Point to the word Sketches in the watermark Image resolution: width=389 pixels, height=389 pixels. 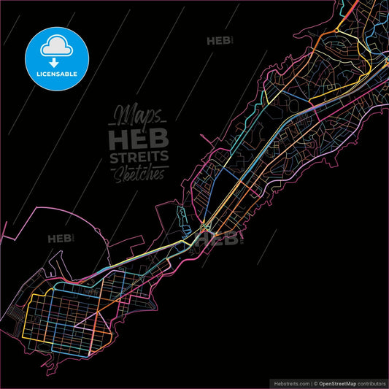[139, 175]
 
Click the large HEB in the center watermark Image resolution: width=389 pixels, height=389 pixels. [138, 139]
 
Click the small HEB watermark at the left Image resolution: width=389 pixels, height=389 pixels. [60, 239]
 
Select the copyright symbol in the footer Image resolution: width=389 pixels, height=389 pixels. [316, 382]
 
